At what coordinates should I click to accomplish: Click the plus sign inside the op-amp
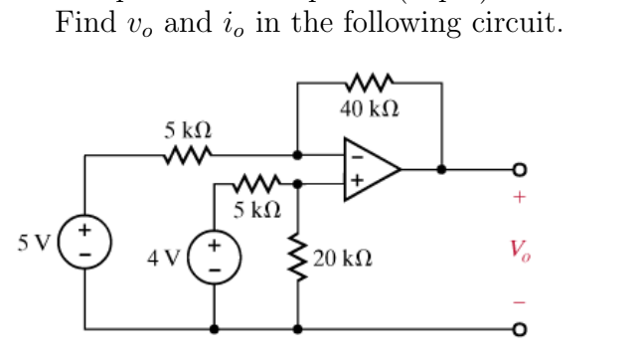pyautogui.click(x=352, y=182)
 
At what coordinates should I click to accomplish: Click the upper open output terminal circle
pyautogui.click(x=518, y=169)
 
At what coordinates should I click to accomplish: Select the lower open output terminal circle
pyautogui.click(x=518, y=327)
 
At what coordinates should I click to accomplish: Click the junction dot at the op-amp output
pyautogui.click(x=441, y=169)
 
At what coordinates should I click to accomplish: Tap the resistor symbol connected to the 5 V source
pyautogui.click(x=187, y=156)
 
